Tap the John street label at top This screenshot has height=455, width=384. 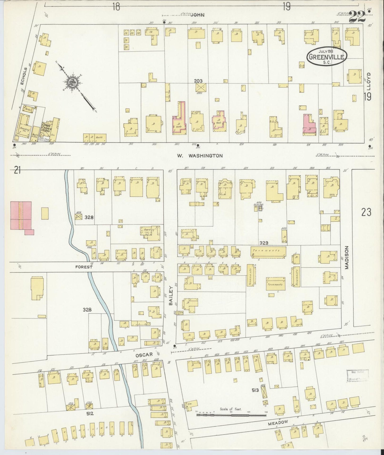click(197, 15)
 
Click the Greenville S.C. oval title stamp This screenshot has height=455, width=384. click(327, 56)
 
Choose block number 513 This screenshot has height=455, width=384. click(256, 390)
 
